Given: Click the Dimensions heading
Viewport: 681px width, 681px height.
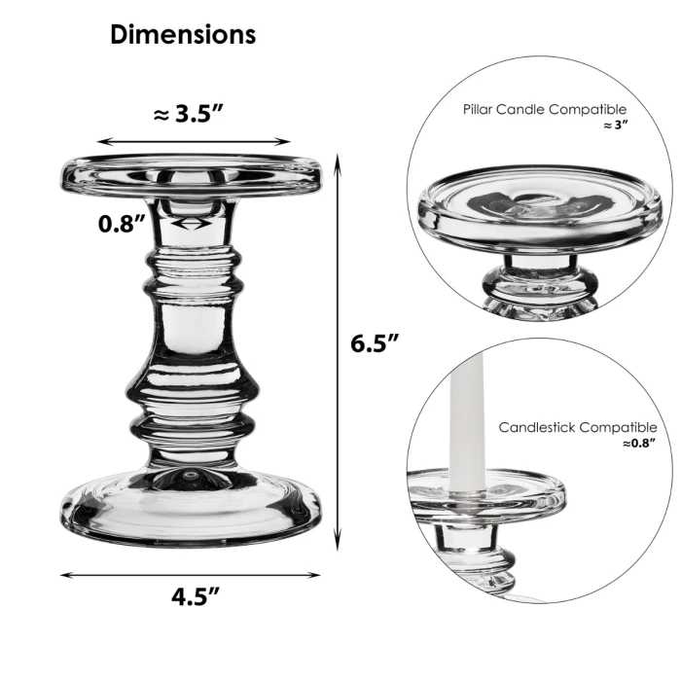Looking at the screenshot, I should [183, 34].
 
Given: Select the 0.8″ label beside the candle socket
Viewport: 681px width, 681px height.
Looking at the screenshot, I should [122, 224].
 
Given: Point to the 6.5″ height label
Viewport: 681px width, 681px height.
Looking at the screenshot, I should [376, 343].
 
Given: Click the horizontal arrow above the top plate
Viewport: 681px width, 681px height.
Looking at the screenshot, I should [194, 142].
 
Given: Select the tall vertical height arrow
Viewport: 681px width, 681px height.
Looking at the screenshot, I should [338, 351].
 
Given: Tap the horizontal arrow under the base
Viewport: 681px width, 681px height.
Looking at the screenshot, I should [190, 575].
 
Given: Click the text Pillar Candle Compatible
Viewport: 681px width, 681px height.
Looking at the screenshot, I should [544, 110].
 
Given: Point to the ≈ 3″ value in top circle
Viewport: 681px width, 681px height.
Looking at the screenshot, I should [615, 125].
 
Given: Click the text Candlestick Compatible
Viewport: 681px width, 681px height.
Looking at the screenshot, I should [577, 427].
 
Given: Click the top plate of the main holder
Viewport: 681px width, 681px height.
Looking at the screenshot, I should [192, 175].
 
